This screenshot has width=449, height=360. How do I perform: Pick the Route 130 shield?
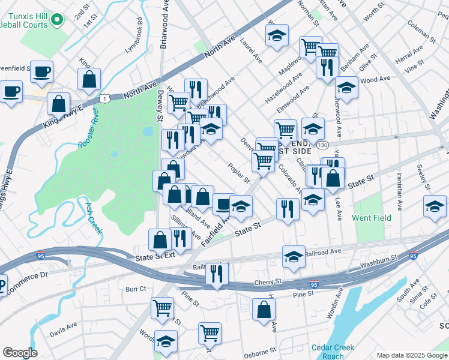click(x=323, y=146)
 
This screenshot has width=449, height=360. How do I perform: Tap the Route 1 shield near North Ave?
click(x=105, y=98)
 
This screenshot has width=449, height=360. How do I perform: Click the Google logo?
click(x=20, y=353)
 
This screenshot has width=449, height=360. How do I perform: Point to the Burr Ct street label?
click(x=136, y=289)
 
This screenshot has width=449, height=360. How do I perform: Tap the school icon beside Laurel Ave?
click(x=277, y=35)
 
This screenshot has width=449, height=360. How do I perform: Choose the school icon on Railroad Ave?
click(x=294, y=256)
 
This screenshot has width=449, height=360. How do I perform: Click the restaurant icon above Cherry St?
click(x=217, y=273)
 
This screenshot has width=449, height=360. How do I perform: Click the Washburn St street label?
click(x=379, y=262)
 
